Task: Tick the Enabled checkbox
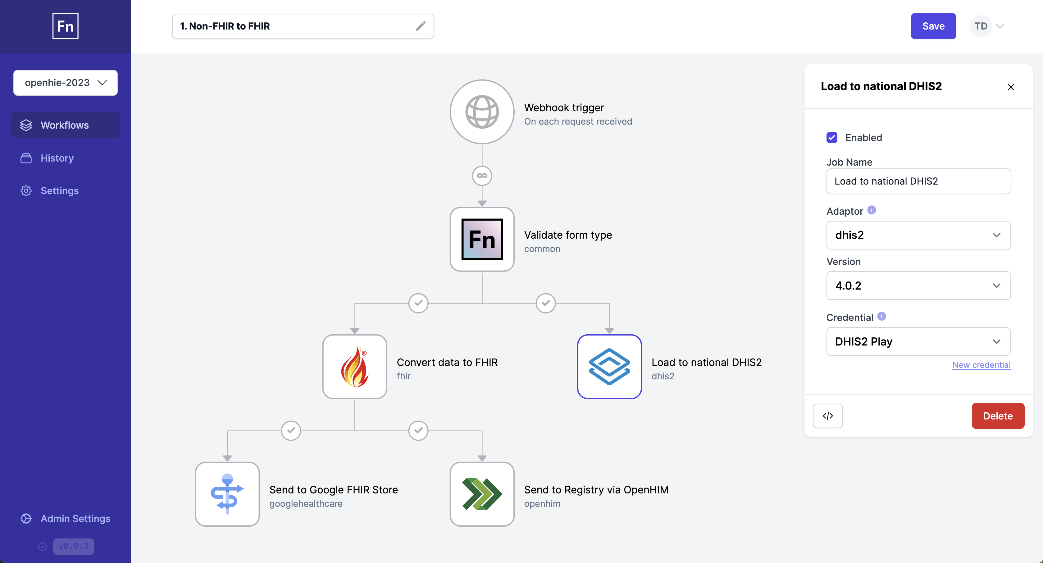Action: [832, 138]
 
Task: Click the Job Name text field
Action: [918, 181]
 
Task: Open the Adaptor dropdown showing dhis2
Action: [918, 235]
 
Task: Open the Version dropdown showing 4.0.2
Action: [918, 286]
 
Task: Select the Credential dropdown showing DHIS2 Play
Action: [918, 341]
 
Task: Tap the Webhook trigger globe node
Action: [482, 112]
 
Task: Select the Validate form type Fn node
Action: [482, 239]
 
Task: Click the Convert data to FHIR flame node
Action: [355, 367]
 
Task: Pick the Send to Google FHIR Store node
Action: [227, 494]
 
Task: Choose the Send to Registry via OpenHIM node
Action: [482, 494]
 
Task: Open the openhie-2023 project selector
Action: [66, 83]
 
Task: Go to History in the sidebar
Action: [57, 158]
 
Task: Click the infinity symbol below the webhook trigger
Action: [482, 176]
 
